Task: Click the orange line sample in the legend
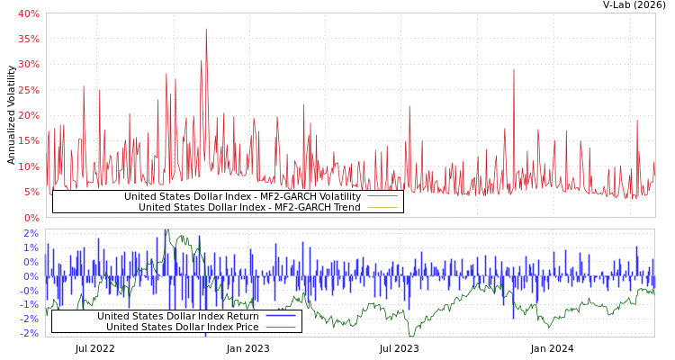[382, 208]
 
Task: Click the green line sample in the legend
[281, 328]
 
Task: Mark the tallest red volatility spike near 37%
[205, 30]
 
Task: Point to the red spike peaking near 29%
[514, 70]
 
